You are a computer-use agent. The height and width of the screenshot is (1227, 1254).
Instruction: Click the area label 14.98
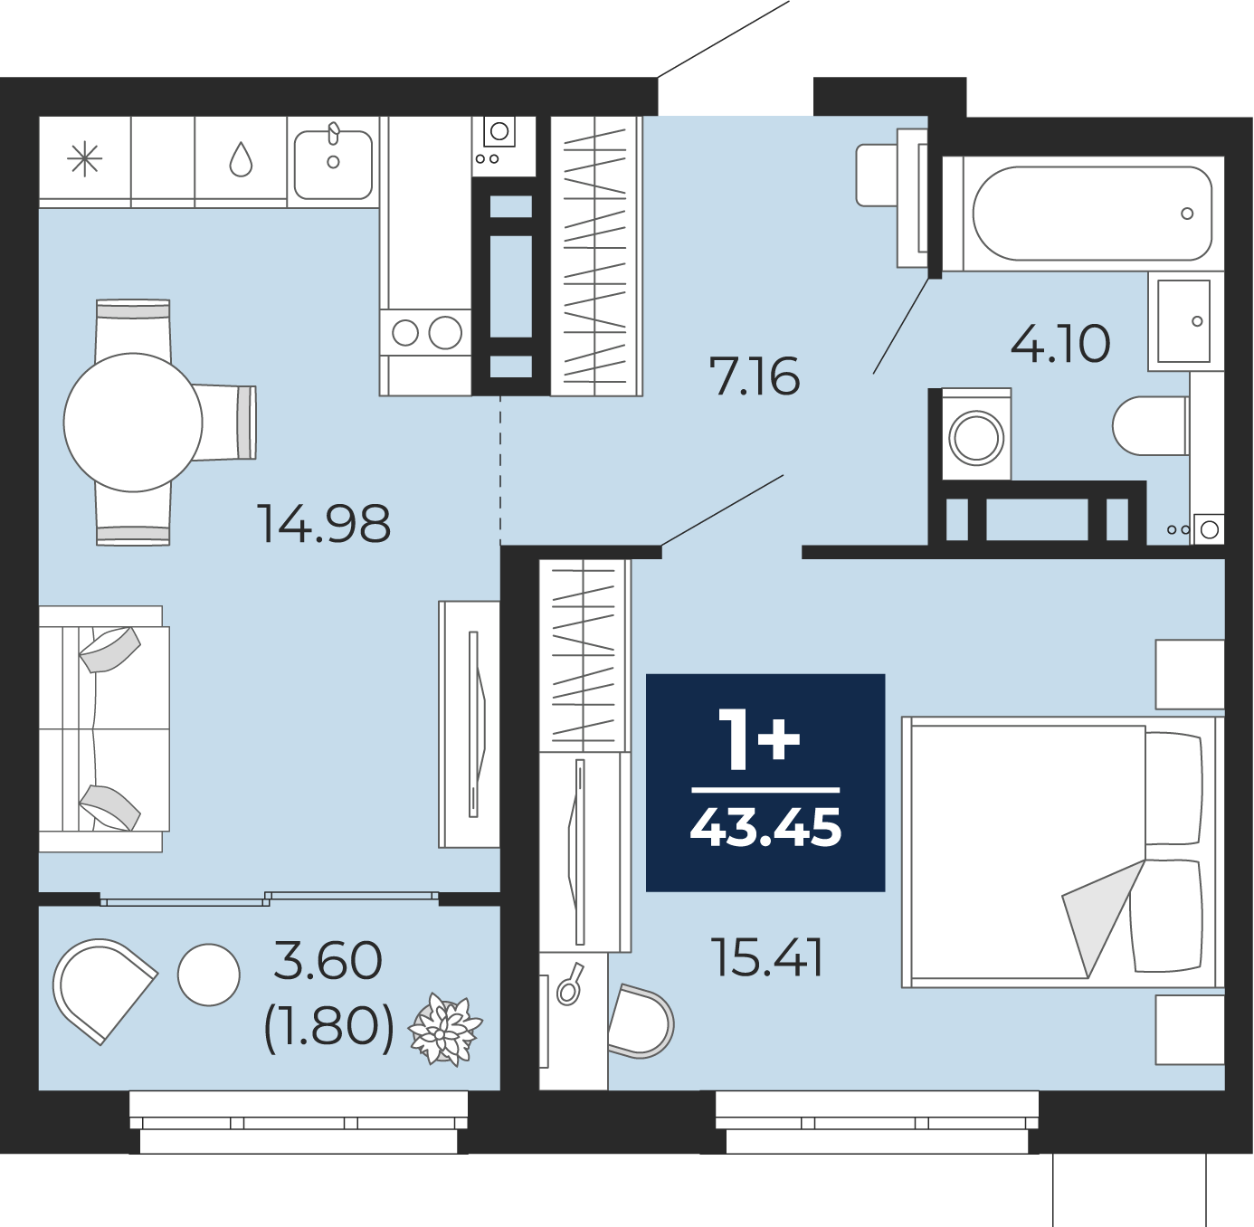click(324, 523)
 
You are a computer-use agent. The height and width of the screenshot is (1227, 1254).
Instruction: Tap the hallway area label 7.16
click(755, 376)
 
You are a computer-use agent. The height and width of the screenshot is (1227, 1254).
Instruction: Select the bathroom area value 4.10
click(1059, 344)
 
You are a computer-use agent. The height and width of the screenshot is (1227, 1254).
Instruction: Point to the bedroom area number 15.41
click(767, 957)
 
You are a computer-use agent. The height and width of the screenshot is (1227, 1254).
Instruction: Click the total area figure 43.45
click(765, 827)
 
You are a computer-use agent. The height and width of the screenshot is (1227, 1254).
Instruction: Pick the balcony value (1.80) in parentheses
click(328, 1026)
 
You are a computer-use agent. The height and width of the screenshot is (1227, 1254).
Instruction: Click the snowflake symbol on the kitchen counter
click(85, 160)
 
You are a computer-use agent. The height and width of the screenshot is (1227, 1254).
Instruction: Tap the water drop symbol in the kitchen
click(241, 160)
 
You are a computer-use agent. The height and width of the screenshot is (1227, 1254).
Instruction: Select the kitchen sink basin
click(333, 164)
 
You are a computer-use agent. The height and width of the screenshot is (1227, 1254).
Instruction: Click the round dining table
click(133, 422)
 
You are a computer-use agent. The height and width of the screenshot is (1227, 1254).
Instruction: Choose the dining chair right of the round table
click(226, 423)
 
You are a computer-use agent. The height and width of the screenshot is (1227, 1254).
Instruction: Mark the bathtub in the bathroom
click(1092, 214)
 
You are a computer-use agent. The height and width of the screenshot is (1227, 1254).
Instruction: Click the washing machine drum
click(975, 438)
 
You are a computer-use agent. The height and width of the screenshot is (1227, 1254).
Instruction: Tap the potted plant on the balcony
click(445, 1030)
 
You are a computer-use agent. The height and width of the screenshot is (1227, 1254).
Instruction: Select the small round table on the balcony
click(209, 975)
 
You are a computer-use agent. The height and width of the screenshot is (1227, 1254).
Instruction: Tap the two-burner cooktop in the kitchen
click(425, 333)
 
